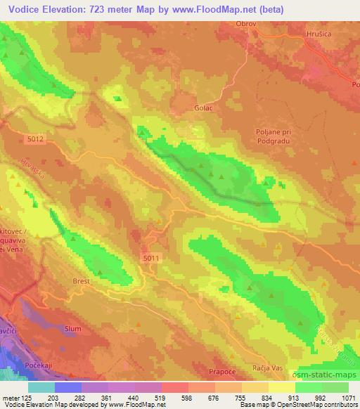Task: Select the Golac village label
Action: (x=203, y=108)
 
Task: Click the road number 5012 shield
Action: (x=36, y=139)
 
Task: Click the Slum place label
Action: (x=73, y=328)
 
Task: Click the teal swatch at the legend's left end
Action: (x=41, y=387)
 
